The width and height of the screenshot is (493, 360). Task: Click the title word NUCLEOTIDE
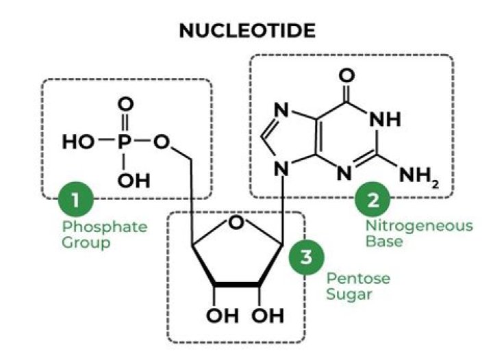coord(247,31)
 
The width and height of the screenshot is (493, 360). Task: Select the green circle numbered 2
coord(372,201)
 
